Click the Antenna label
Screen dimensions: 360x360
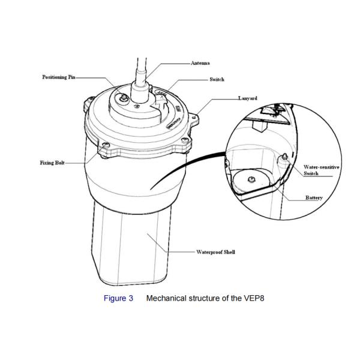pyautogui.click(x=200, y=63)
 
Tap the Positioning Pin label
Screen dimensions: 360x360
pyautogui.click(x=59, y=77)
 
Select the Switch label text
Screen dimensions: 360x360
pyautogui.click(x=217, y=79)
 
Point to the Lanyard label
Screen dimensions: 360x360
pyautogui.click(x=248, y=98)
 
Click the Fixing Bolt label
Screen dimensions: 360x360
pyautogui.click(x=52, y=163)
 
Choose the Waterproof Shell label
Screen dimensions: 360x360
pyautogui.click(x=215, y=252)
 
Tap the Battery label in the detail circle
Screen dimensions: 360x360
pyautogui.click(x=314, y=197)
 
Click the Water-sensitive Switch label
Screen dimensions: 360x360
pyautogui.click(x=321, y=170)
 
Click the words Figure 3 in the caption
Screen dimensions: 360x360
pyautogui.click(x=118, y=298)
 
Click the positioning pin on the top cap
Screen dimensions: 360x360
pyautogui.click(x=124, y=98)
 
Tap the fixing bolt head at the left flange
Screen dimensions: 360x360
pyautogui.click(x=106, y=145)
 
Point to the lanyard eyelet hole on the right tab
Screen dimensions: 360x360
pyautogui.click(x=194, y=118)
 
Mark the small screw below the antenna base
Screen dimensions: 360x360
pyautogui.click(x=137, y=106)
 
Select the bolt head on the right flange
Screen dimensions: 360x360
pyautogui.click(x=185, y=140)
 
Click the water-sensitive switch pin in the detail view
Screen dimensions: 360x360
pyautogui.click(x=284, y=157)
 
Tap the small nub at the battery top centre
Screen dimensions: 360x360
pyautogui.click(x=251, y=179)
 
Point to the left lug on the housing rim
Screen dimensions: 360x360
pyautogui.click(x=88, y=104)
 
